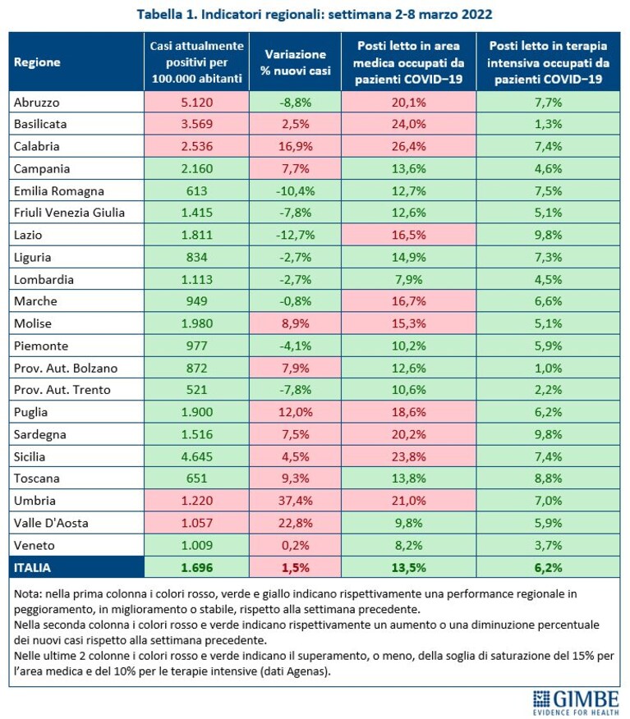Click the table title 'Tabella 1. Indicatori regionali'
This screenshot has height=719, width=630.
pos(232,14)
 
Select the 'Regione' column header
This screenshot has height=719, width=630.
pos(37,62)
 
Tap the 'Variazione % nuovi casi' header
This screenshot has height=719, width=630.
pos(295,62)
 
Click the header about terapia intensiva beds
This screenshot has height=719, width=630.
pos(548,62)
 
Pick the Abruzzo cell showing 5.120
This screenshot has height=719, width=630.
pos(197,102)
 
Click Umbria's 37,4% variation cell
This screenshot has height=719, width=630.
pos(295,501)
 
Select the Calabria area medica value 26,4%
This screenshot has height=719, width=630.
pos(408,146)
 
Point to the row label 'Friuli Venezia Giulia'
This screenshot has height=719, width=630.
pos(69,213)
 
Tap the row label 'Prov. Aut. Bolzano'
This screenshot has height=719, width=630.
pos(66,369)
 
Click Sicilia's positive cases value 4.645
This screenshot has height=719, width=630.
pos(197,456)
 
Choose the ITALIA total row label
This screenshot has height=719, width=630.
pos(32,568)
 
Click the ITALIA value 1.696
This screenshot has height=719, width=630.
pos(197,568)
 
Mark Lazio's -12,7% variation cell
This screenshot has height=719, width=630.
pos(295,236)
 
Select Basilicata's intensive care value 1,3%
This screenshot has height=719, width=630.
pos(548,124)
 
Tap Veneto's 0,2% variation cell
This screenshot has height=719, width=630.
pos(295,545)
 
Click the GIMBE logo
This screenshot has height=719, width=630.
pos(576,703)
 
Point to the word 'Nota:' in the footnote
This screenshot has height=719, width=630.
pos(28,594)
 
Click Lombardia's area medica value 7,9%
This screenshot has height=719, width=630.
pos(408,280)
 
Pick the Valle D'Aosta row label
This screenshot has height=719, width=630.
pos(51,523)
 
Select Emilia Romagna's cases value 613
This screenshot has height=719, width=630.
pos(197,190)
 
